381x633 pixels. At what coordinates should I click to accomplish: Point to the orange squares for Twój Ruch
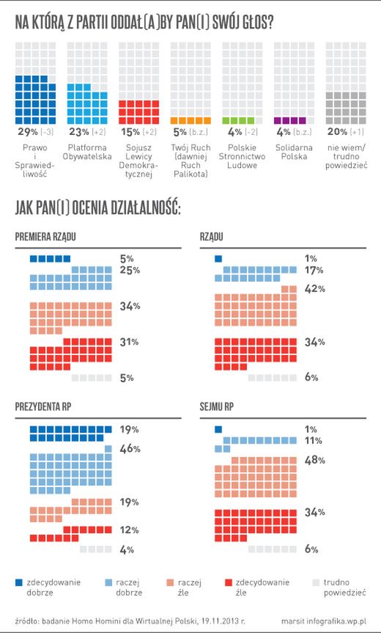[x=190, y=120]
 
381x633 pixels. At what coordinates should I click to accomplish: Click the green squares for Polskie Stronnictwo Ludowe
[x=242, y=120]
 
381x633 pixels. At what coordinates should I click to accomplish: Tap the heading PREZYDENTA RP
[x=48, y=406]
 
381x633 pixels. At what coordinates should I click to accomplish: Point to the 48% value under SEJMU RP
[x=314, y=459]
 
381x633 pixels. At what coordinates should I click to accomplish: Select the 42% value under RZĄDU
[x=314, y=289]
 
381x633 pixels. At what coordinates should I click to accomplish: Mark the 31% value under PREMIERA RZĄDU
[x=130, y=342]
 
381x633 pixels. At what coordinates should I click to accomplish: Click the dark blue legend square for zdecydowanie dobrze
[x=19, y=583]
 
